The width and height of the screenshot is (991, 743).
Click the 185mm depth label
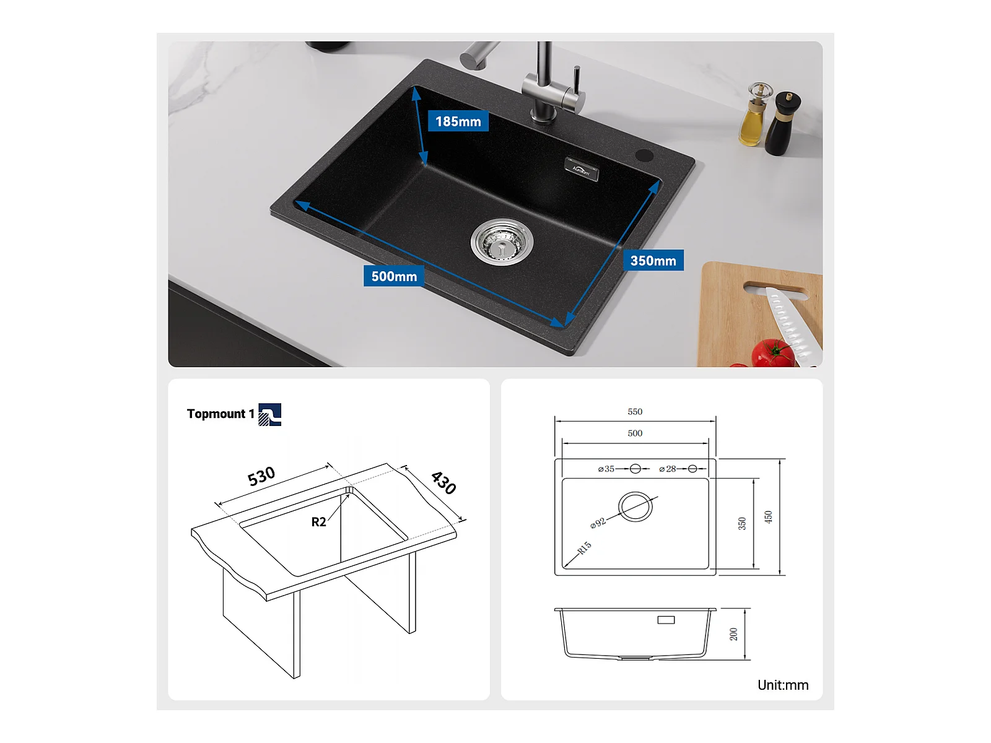(458, 121)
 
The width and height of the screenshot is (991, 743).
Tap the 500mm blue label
(394, 276)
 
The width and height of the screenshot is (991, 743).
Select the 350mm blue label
(653, 260)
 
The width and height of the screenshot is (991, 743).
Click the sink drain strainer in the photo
(502, 241)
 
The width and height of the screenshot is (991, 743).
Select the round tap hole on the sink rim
(644, 155)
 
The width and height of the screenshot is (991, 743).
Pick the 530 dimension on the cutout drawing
(261, 476)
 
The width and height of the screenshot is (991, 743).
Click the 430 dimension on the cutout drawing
(443, 483)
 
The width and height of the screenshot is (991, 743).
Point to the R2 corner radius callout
(318, 522)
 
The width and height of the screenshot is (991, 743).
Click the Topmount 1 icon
(269, 414)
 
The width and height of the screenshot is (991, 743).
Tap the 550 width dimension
(635, 411)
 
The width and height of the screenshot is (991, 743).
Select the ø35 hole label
(606, 469)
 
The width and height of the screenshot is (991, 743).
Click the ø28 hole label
(668, 469)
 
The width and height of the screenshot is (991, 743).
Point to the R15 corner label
(584, 548)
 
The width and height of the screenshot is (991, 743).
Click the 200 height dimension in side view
(734, 634)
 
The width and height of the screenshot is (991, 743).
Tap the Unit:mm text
(783, 685)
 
